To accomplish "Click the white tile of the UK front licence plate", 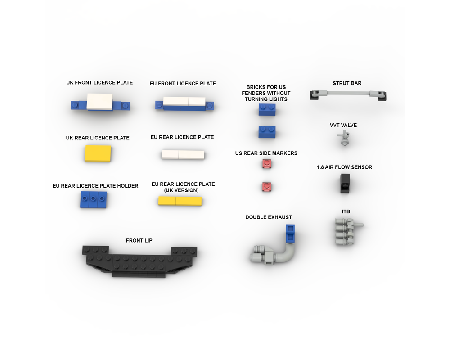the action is (99, 102).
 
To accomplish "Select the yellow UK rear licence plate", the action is (98, 153).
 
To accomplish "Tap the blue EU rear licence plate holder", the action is (94, 199).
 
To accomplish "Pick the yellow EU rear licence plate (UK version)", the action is (180, 201).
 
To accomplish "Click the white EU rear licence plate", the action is (183, 154).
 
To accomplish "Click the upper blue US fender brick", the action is (267, 110).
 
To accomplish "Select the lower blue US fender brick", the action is (267, 132).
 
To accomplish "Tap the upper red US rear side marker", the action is (266, 164).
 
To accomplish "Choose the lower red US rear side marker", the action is (266, 187).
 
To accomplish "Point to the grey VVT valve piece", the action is (343, 138).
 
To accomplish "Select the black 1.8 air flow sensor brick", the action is (345, 184).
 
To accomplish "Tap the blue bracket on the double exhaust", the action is (290, 234).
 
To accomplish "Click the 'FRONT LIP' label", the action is (139, 241).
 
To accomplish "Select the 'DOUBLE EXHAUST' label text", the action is (269, 217).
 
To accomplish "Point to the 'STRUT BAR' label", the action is (347, 83).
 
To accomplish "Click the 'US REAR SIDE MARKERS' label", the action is (266, 153).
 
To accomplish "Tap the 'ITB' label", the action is (346, 211).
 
